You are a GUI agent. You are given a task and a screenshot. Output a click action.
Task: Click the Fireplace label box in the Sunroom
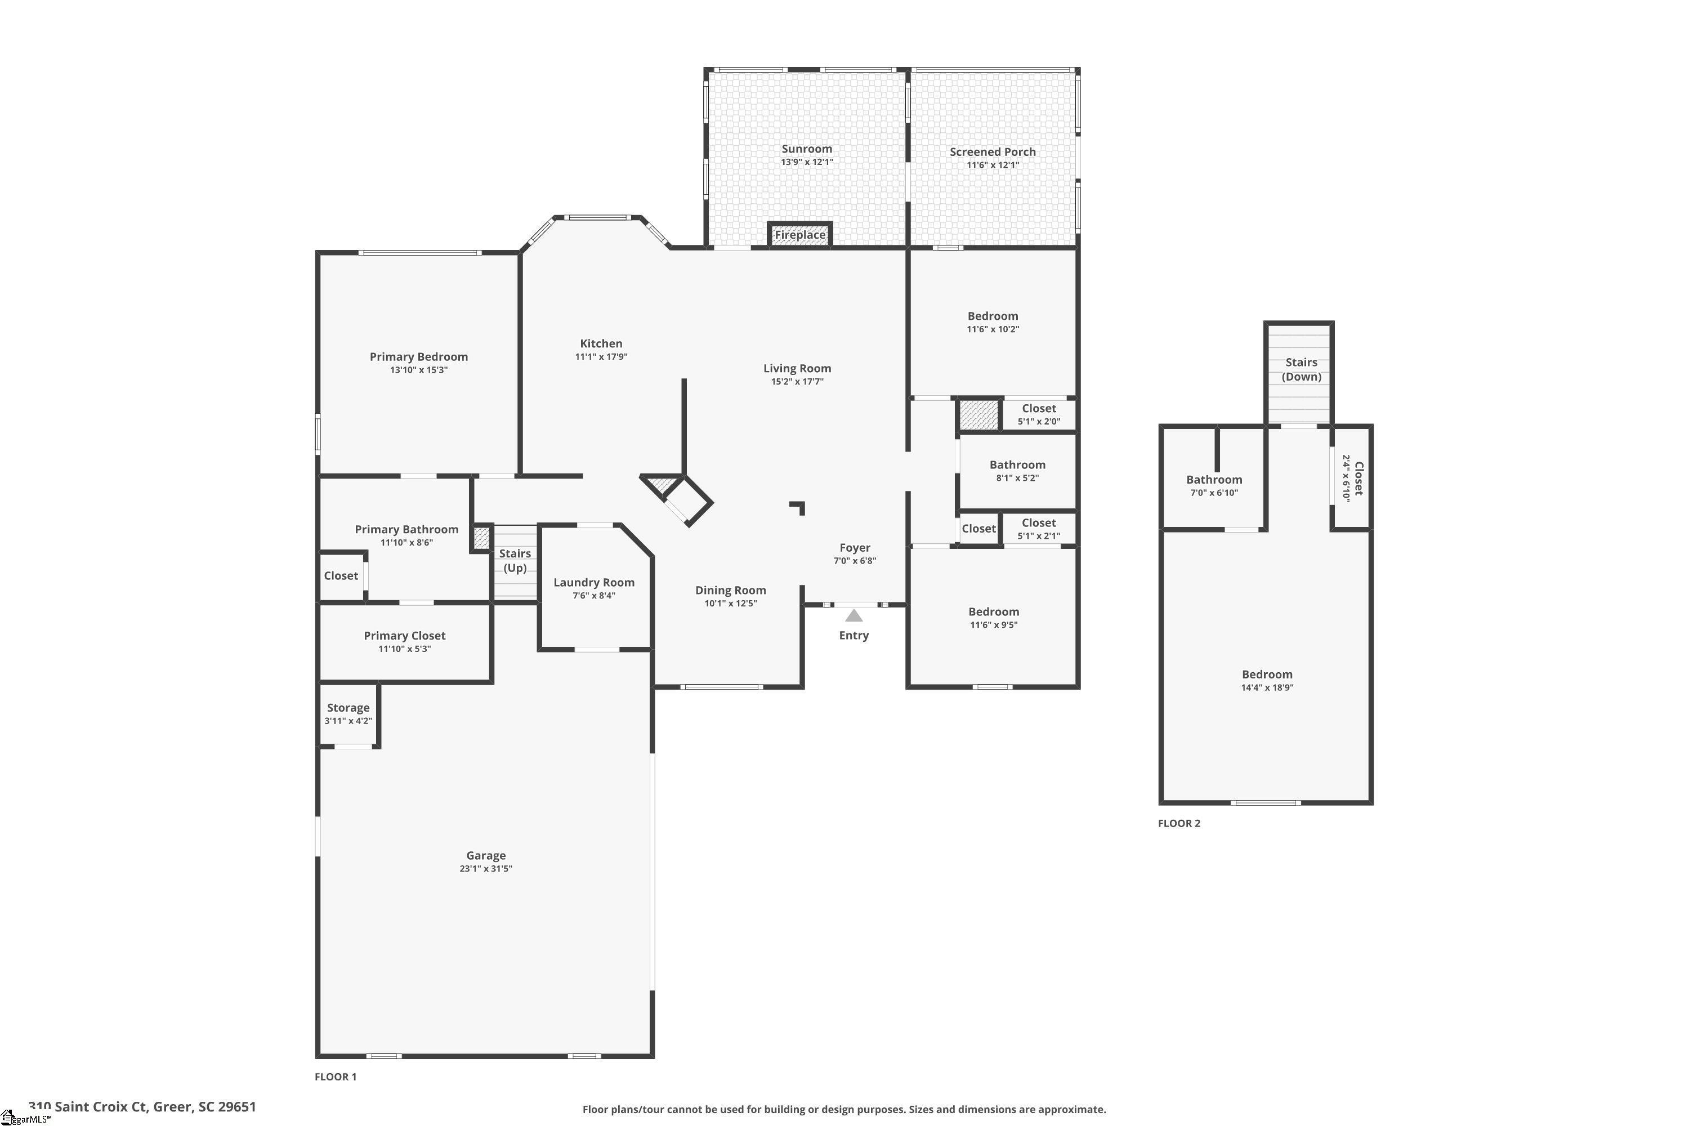point(799,235)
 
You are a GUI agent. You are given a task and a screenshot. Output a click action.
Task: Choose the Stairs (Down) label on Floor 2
point(1301,369)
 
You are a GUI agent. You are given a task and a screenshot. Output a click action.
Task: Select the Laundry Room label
point(593,582)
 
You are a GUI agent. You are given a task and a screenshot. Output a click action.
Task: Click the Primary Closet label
point(404,636)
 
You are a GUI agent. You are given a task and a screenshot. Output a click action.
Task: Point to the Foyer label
point(854,547)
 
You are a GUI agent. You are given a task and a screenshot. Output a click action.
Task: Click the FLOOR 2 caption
point(1178,823)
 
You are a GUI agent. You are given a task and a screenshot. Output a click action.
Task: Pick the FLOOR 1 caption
point(336,1076)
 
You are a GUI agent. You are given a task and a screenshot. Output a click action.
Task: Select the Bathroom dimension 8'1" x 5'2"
point(1017,477)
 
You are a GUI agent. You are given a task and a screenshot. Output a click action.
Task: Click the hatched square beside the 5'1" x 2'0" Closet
point(979,415)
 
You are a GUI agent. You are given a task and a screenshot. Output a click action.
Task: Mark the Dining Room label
point(730,590)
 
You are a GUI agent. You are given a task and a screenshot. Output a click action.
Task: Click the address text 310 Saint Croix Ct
point(97,1107)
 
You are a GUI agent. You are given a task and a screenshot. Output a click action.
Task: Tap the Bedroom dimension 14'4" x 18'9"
point(1267,687)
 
